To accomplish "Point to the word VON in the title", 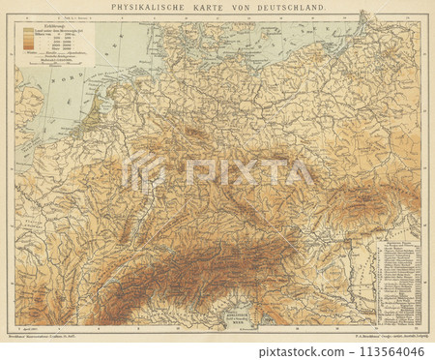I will pos(236,7).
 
